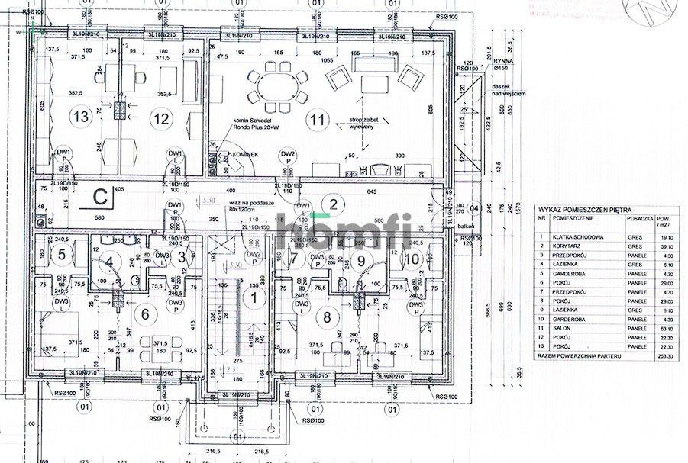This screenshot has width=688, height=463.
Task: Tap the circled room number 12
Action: tap(160, 117)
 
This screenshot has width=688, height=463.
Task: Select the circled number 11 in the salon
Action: tap(316, 119)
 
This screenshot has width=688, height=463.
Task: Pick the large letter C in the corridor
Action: tap(99, 196)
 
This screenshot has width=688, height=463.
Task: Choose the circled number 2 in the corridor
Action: tap(332, 204)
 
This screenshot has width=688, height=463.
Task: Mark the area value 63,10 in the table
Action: tap(664, 327)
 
